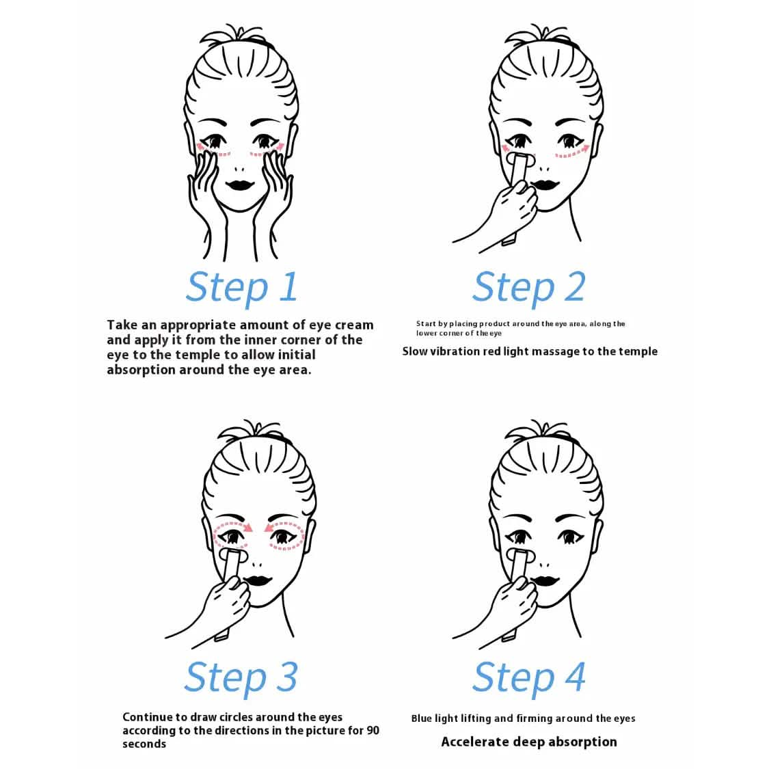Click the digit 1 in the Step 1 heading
click(289, 286)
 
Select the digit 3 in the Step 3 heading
click(287, 677)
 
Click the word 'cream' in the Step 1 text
click(354, 325)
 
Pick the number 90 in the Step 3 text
click(373, 730)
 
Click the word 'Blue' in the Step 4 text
click(422, 718)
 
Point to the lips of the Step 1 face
click(240, 185)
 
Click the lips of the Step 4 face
click(544, 582)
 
